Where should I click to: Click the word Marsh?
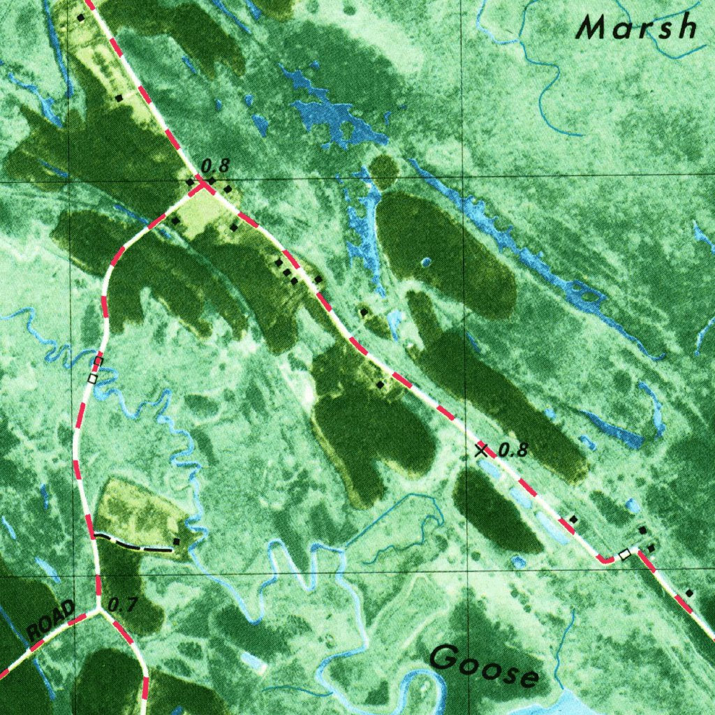tap(637, 28)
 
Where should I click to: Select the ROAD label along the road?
tap(50, 619)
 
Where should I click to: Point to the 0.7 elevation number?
tap(123, 605)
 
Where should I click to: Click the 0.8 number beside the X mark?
tap(513, 450)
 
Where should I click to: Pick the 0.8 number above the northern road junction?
tap(214, 166)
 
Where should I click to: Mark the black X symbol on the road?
tap(480, 450)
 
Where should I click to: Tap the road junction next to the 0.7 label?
tap(98, 609)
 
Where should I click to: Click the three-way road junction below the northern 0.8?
tap(202, 185)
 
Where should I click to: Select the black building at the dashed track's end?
tap(176, 542)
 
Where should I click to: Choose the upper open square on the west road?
tap(98, 361)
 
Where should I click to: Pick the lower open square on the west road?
tap(92, 378)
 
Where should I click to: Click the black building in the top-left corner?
tap(81, 17)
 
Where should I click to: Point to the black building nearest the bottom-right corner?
tap(689, 593)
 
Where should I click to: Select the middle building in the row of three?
tap(286, 272)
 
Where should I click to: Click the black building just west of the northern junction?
tap(189, 182)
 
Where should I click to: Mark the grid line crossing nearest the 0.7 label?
tap(70, 577)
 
